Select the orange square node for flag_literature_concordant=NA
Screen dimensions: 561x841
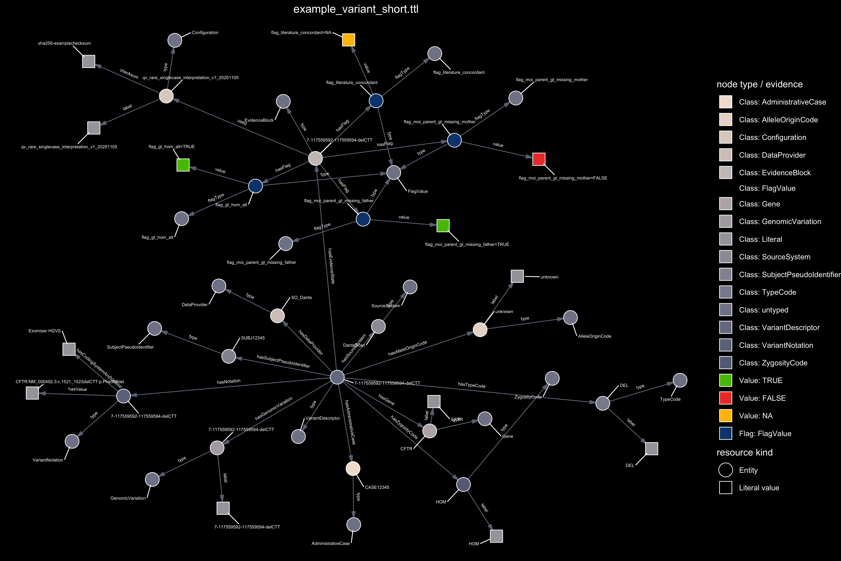click(x=348, y=40)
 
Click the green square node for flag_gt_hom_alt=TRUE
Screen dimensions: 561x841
click(x=183, y=165)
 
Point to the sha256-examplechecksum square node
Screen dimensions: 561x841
click(x=89, y=61)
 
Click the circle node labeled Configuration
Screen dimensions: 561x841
click(x=175, y=40)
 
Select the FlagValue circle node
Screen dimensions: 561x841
click(x=394, y=172)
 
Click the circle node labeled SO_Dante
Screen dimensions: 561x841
click(x=278, y=316)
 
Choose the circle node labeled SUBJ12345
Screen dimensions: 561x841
click(x=229, y=356)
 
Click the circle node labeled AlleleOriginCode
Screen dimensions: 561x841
click(x=570, y=317)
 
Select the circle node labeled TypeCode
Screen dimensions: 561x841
click(x=680, y=380)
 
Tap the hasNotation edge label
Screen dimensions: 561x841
click(x=229, y=382)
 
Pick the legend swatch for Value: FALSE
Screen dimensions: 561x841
click(x=726, y=398)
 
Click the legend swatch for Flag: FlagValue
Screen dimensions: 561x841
click(x=726, y=433)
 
